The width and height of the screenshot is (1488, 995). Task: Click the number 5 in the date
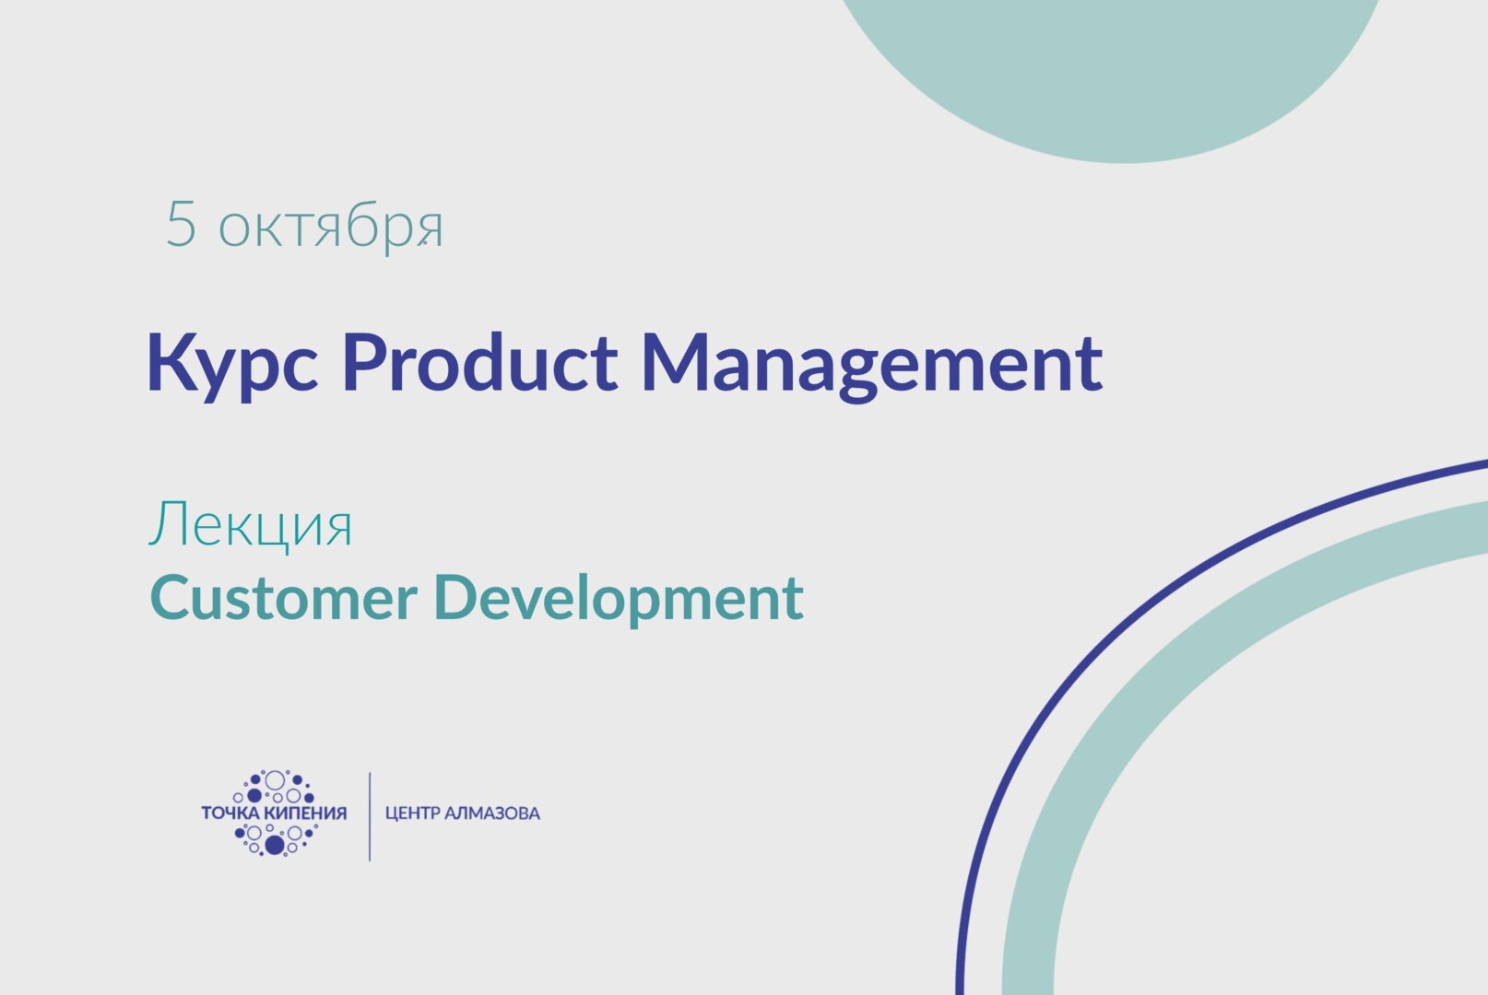(x=181, y=225)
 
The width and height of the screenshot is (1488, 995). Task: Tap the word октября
(x=331, y=228)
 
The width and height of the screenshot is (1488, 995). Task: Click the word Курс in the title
(x=233, y=363)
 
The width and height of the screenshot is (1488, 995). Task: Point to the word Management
(x=871, y=363)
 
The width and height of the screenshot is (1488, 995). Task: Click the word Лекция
(x=251, y=525)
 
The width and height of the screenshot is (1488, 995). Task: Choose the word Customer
(x=283, y=597)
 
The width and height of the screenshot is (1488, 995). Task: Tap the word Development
(x=618, y=599)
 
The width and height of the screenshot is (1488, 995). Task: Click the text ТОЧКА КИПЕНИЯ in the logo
(x=274, y=813)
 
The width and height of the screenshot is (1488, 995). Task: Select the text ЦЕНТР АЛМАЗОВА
(x=462, y=814)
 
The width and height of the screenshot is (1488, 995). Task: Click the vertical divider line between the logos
(x=370, y=816)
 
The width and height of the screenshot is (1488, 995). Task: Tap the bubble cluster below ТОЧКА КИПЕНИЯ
(x=275, y=838)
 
